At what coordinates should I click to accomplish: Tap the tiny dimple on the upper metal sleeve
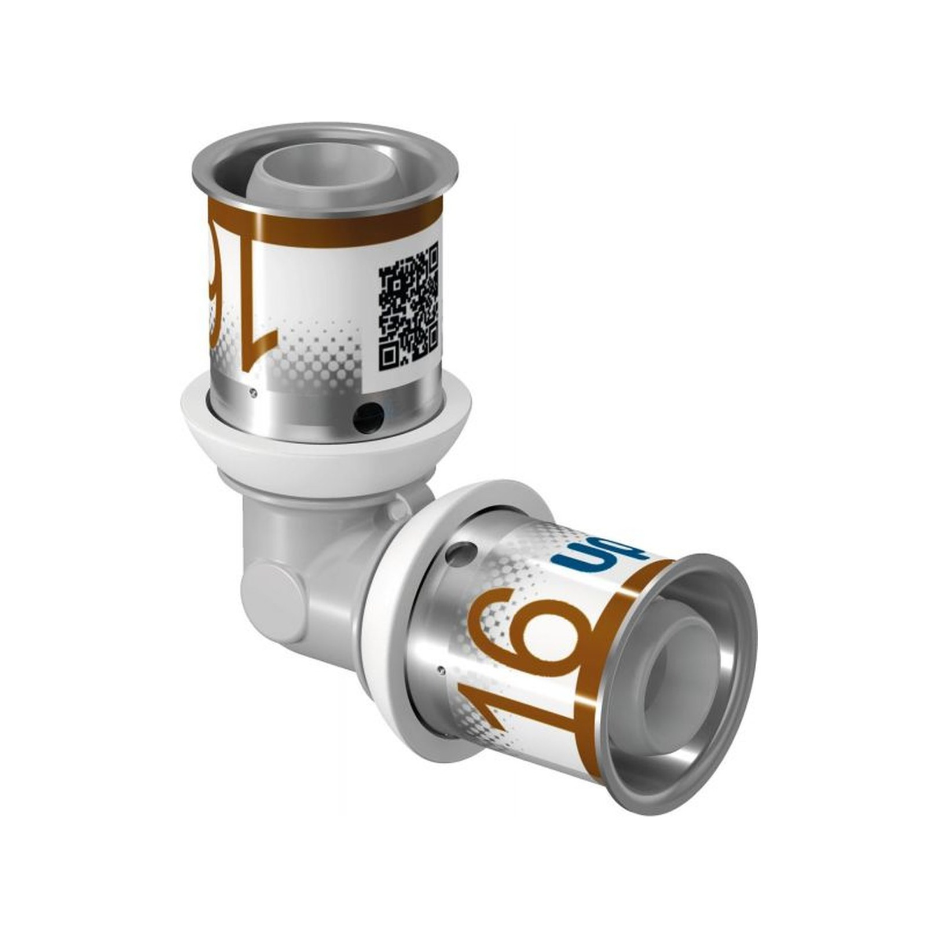tap(252, 393)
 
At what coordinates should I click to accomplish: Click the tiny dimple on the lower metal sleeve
tap(443, 670)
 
